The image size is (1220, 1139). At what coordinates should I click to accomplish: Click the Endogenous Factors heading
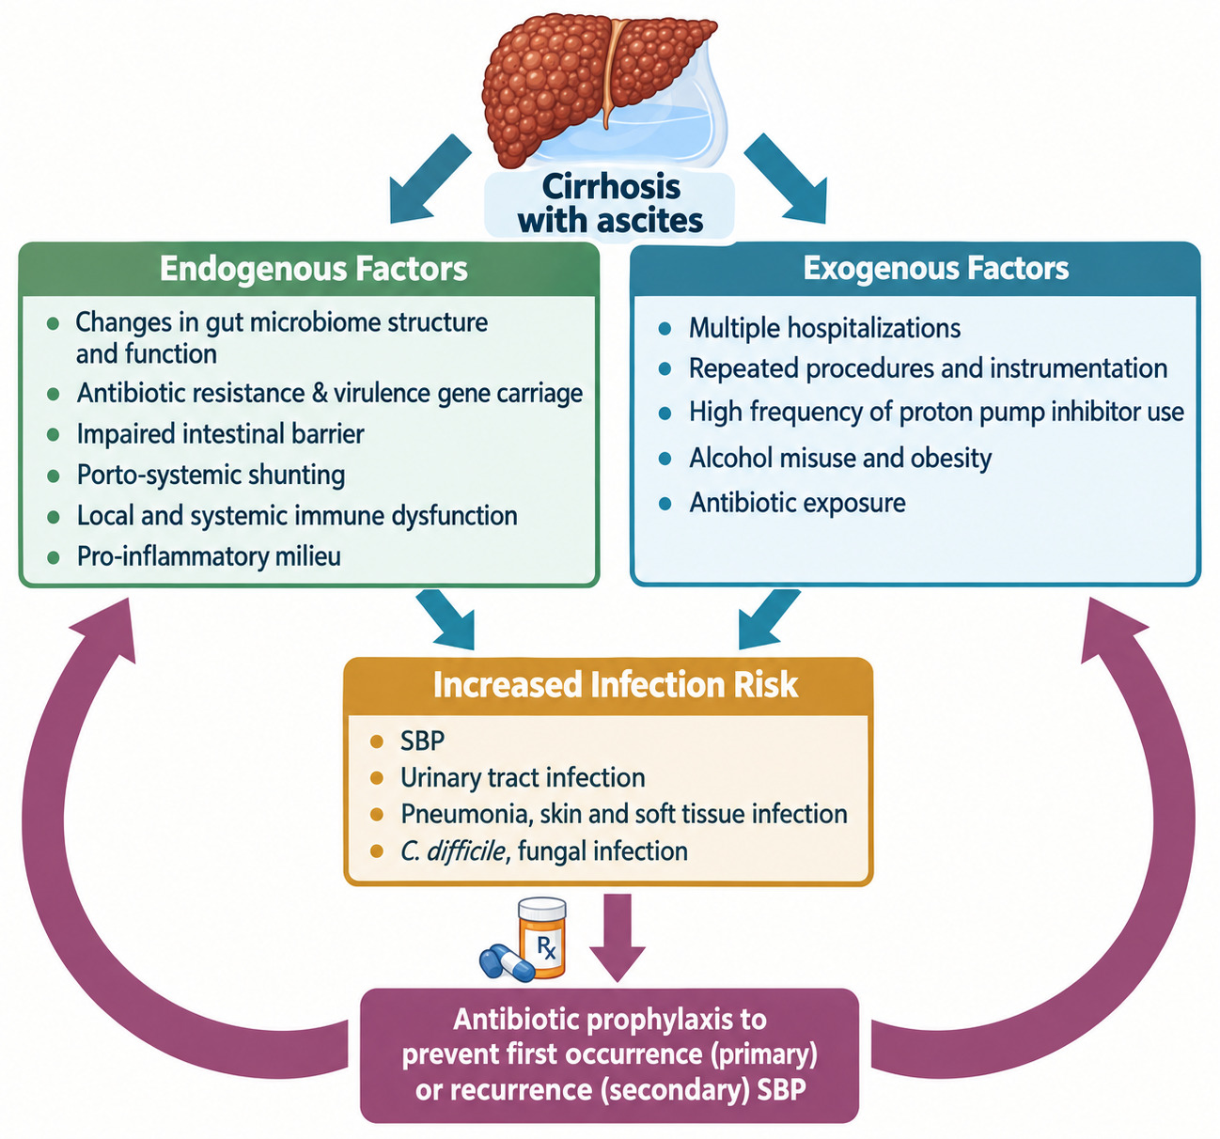click(x=313, y=269)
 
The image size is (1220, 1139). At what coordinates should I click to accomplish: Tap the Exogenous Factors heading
click(x=935, y=269)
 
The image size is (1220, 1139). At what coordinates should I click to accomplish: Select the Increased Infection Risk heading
click(x=616, y=684)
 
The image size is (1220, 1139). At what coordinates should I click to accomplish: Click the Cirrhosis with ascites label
click(x=611, y=203)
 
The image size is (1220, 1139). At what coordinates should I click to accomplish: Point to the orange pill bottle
click(x=541, y=937)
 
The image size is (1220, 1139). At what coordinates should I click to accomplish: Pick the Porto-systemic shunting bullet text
click(x=211, y=476)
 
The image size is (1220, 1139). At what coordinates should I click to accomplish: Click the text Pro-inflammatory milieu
click(x=209, y=556)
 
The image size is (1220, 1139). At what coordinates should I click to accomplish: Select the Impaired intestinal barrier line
click(x=221, y=434)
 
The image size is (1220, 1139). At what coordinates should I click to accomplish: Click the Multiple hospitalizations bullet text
click(x=824, y=328)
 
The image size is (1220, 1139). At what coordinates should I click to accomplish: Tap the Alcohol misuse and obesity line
click(x=840, y=459)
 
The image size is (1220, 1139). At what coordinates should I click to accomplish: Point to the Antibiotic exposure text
click(x=797, y=503)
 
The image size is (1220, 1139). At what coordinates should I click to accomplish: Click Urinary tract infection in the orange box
click(x=523, y=778)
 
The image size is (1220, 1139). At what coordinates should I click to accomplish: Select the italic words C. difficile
click(x=454, y=851)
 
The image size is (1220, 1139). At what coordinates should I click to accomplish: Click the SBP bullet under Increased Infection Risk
click(x=423, y=741)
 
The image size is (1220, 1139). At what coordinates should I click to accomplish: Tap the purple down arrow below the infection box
click(x=618, y=937)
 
